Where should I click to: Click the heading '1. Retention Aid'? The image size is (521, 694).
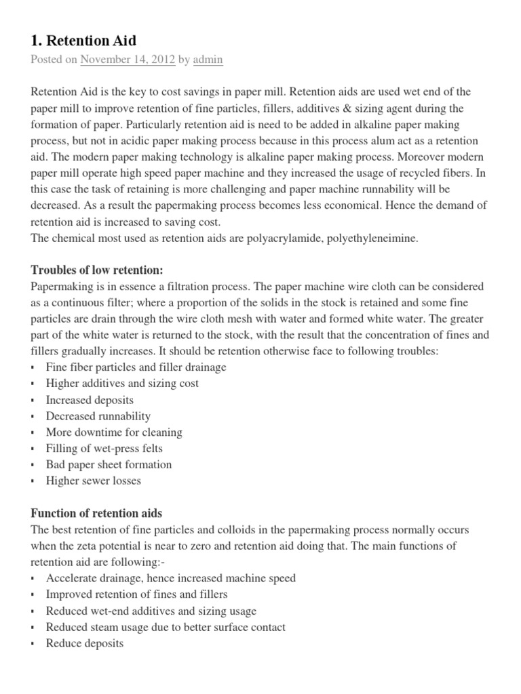pyautogui.click(x=83, y=40)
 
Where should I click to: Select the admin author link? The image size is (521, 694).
pyautogui.click(x=208, y=60)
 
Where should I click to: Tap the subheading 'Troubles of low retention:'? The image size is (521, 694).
pyautogui.click(x=97, y=270)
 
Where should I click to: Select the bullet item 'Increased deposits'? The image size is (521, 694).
pyautogui.click(x=90, y=400)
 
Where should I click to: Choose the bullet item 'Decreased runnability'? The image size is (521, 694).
pyautogui.click(x=98, y=416)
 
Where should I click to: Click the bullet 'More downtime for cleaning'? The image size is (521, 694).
pyautogui.click(x=113, y=432)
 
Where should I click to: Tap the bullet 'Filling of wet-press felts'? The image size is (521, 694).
pyautogui.click(x=104, y=449)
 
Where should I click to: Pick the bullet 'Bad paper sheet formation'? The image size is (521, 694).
pyautogui.click(x=109, y=465)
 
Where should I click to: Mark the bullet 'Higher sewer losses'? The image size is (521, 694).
pyautogui.click(x=94, y=481)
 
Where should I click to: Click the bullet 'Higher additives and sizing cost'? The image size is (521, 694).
pyautogui.click(x=122, y=384)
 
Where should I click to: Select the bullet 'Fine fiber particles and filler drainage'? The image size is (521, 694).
pyautogui.click(x=136, y=367)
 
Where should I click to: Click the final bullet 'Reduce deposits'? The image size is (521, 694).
pyautogui.click(x=84, y=643)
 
